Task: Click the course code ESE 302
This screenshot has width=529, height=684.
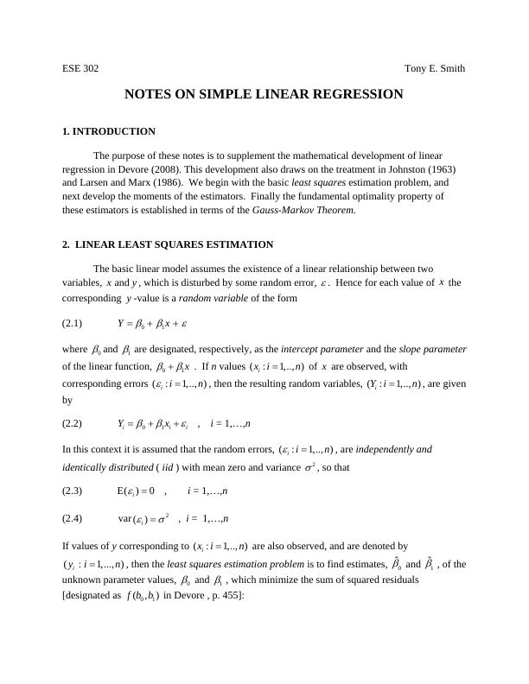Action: (x=80, y=68)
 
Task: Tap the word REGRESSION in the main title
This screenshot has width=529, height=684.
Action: (x=352, y=93)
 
